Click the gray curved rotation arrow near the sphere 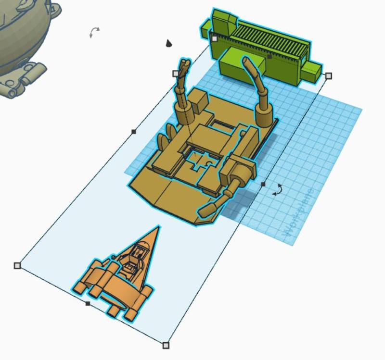[95, 32]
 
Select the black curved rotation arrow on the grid [277, 190]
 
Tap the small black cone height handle [169, 44]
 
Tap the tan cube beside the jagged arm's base [198, 100]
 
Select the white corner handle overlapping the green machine [214, 38]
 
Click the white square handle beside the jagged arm [176, 74]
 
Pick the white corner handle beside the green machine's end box [329, 76]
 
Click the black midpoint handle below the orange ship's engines [88, 303]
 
